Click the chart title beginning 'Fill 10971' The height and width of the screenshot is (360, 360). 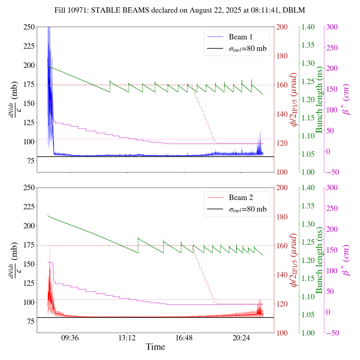(x=180, y=10)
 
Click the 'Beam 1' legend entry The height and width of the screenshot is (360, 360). (x=240, y=37)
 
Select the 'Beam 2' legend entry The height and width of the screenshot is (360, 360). (x=240, y=198)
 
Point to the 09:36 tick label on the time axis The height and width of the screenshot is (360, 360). (x=70, y=337)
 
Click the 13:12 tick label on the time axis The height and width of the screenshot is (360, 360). (x=127, y=337)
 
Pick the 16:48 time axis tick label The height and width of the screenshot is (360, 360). (x=184, y=337)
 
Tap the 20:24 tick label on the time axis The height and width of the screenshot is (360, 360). (x=241, y=337)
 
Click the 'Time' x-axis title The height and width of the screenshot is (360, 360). (x=155, y=347)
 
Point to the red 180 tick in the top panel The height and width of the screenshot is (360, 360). (x=282, y=56)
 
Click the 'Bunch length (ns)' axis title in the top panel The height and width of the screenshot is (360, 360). (x=319, y=100)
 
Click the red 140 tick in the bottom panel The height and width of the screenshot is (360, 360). (x=282, y=275)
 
